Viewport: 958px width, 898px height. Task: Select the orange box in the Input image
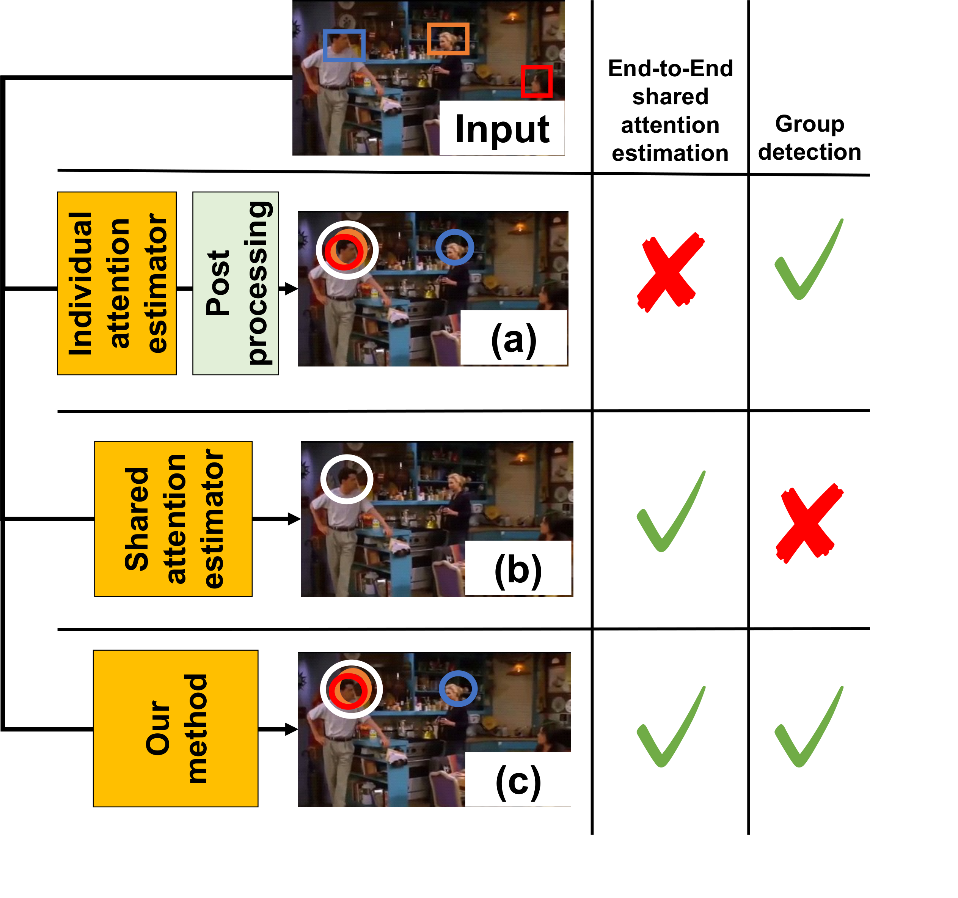(x=448, y=39)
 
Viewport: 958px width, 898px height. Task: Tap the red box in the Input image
(x=536, y=82)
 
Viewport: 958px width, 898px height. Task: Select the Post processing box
(x=236, y=283)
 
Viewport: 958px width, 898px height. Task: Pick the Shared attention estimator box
(x=173, y=519)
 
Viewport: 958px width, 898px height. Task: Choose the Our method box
(x=176, y=729)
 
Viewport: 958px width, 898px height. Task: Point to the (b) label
(x=518, y=569)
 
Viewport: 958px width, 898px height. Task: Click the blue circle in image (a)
(x=454, y=247)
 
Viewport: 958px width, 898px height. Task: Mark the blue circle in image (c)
(x=458, y=689)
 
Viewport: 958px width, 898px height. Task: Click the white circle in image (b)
(x=347, y=479)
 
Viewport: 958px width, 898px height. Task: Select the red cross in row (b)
(x=809, y=523)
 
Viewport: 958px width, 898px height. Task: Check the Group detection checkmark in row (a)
(x=808, y=260)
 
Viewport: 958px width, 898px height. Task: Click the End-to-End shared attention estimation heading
(x=670, y=111)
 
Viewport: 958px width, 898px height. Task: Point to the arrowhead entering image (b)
(x=294, y=519)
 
